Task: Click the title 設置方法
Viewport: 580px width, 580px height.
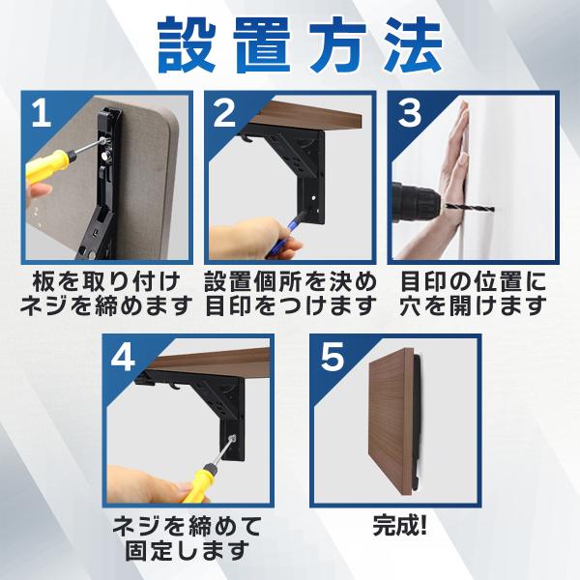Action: (300, 45)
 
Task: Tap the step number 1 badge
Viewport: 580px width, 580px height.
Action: (41, 113)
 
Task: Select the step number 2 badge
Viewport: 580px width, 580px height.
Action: (224, 113)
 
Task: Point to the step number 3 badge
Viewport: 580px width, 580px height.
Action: (409, 113)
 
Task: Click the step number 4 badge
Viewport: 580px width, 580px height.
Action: (123, 358)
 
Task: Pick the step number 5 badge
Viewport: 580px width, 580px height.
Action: (333, 358)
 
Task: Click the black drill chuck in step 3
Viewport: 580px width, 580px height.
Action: (416, 202)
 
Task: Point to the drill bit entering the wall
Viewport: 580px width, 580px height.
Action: (470, 208)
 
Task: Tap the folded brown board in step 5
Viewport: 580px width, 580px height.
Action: (391, 421)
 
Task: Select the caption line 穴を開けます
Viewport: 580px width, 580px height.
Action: (473, 305)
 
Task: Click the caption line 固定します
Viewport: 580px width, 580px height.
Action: (187, 550)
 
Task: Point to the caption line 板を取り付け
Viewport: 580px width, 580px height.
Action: (106, 282)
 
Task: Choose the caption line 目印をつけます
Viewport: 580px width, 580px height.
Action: (290, 305)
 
